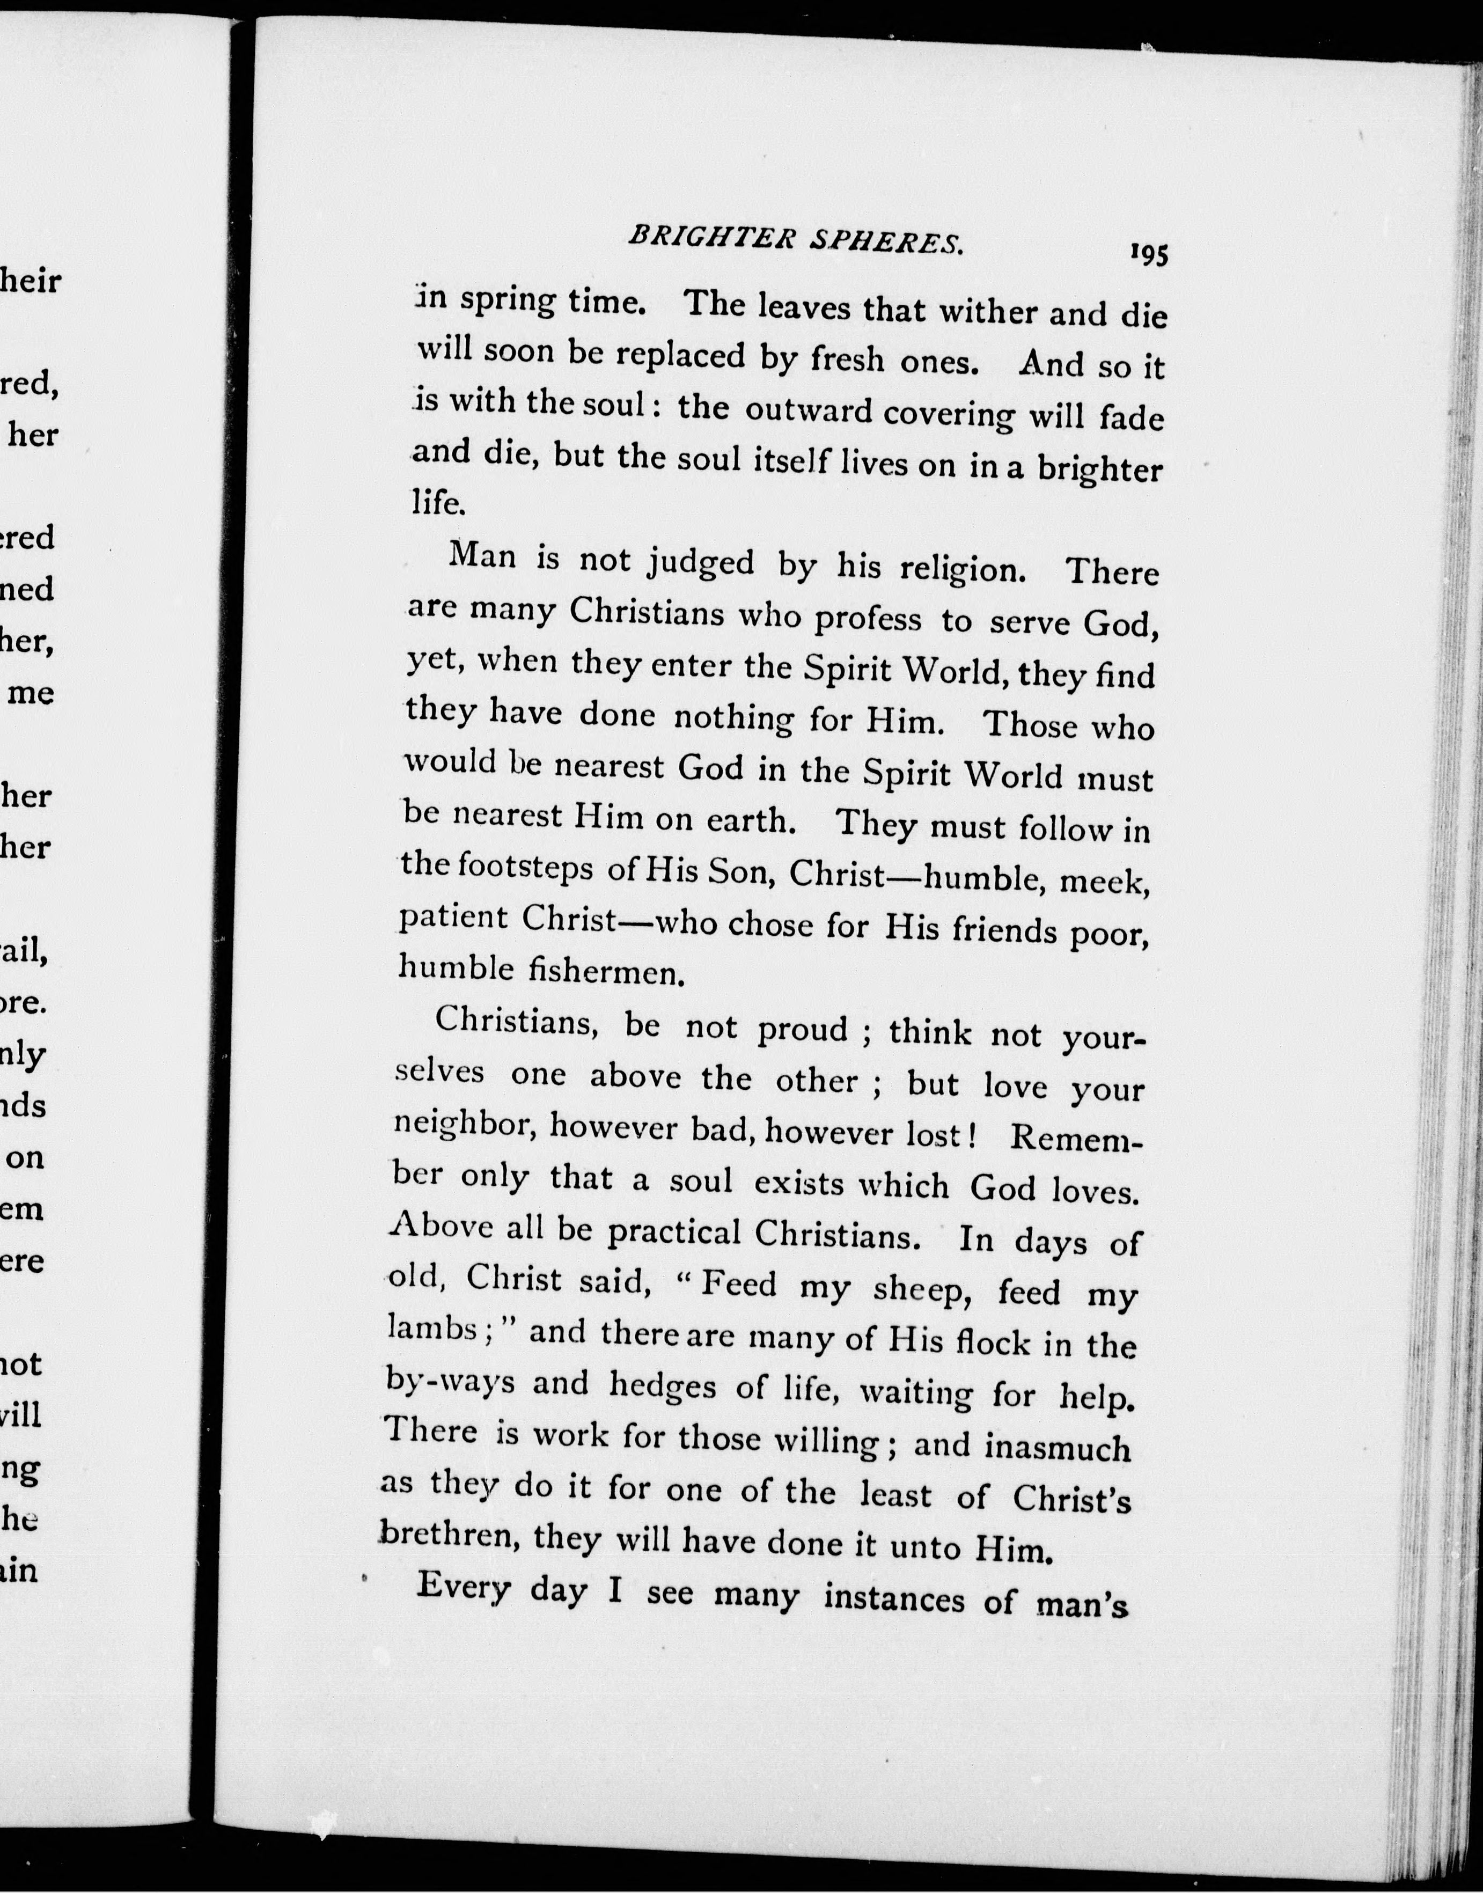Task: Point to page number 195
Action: (x=1149, y=254)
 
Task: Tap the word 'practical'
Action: (x=673, y=1232)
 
